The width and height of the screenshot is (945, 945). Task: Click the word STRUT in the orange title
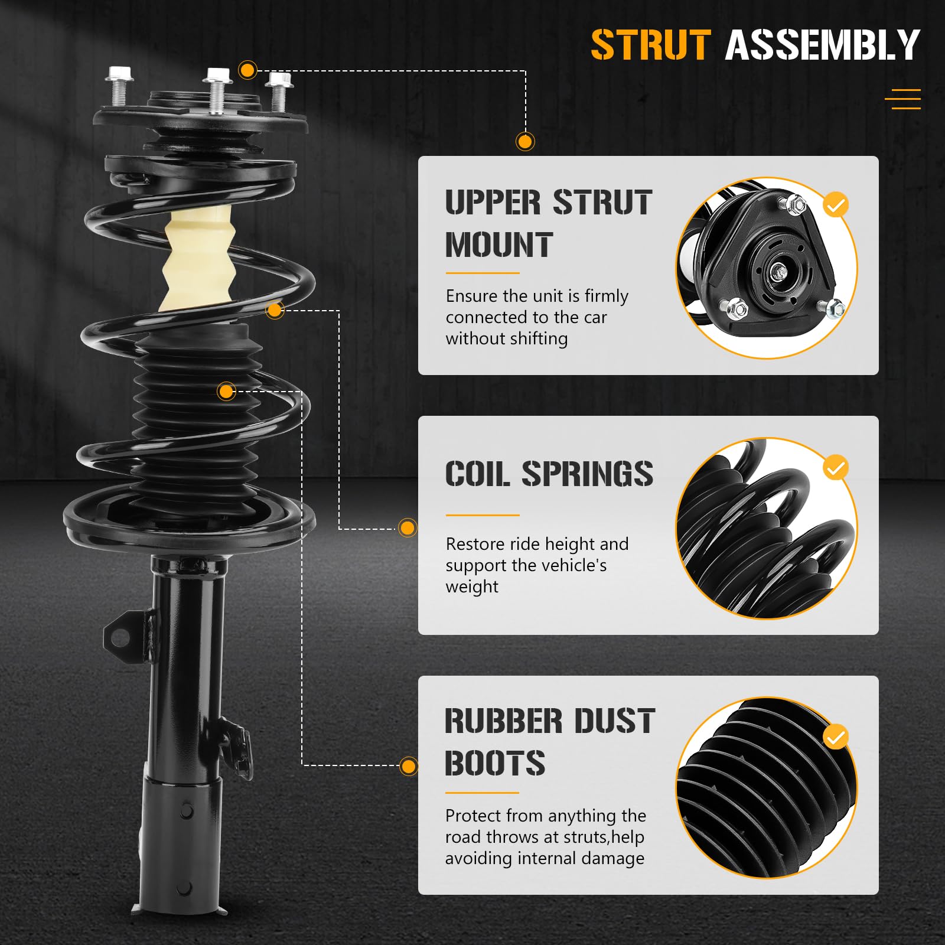[650, 45]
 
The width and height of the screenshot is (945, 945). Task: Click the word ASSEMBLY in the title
[822, 45]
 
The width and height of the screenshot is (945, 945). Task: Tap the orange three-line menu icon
[902, 99]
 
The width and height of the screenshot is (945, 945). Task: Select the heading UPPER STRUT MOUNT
[548, 223]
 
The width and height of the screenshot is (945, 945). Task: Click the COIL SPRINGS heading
[549, 474]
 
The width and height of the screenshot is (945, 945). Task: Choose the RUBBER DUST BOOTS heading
[549, 742]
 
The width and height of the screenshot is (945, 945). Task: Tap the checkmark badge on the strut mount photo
[835, 205]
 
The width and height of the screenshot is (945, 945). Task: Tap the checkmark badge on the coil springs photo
[835, 468]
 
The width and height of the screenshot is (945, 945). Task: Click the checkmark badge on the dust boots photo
[835, 737]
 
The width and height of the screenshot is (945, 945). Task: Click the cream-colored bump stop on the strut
[199, 260]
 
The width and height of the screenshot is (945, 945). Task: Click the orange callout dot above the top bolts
[247, 70]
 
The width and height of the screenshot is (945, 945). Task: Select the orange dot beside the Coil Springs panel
[408, 527]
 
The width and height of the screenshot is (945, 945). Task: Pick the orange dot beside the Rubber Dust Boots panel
[408, 767]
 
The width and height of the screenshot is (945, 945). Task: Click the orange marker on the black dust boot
[226, 391]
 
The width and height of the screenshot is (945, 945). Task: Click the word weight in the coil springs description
[472, 587]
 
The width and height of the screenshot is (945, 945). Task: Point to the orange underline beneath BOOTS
[482, 793]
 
